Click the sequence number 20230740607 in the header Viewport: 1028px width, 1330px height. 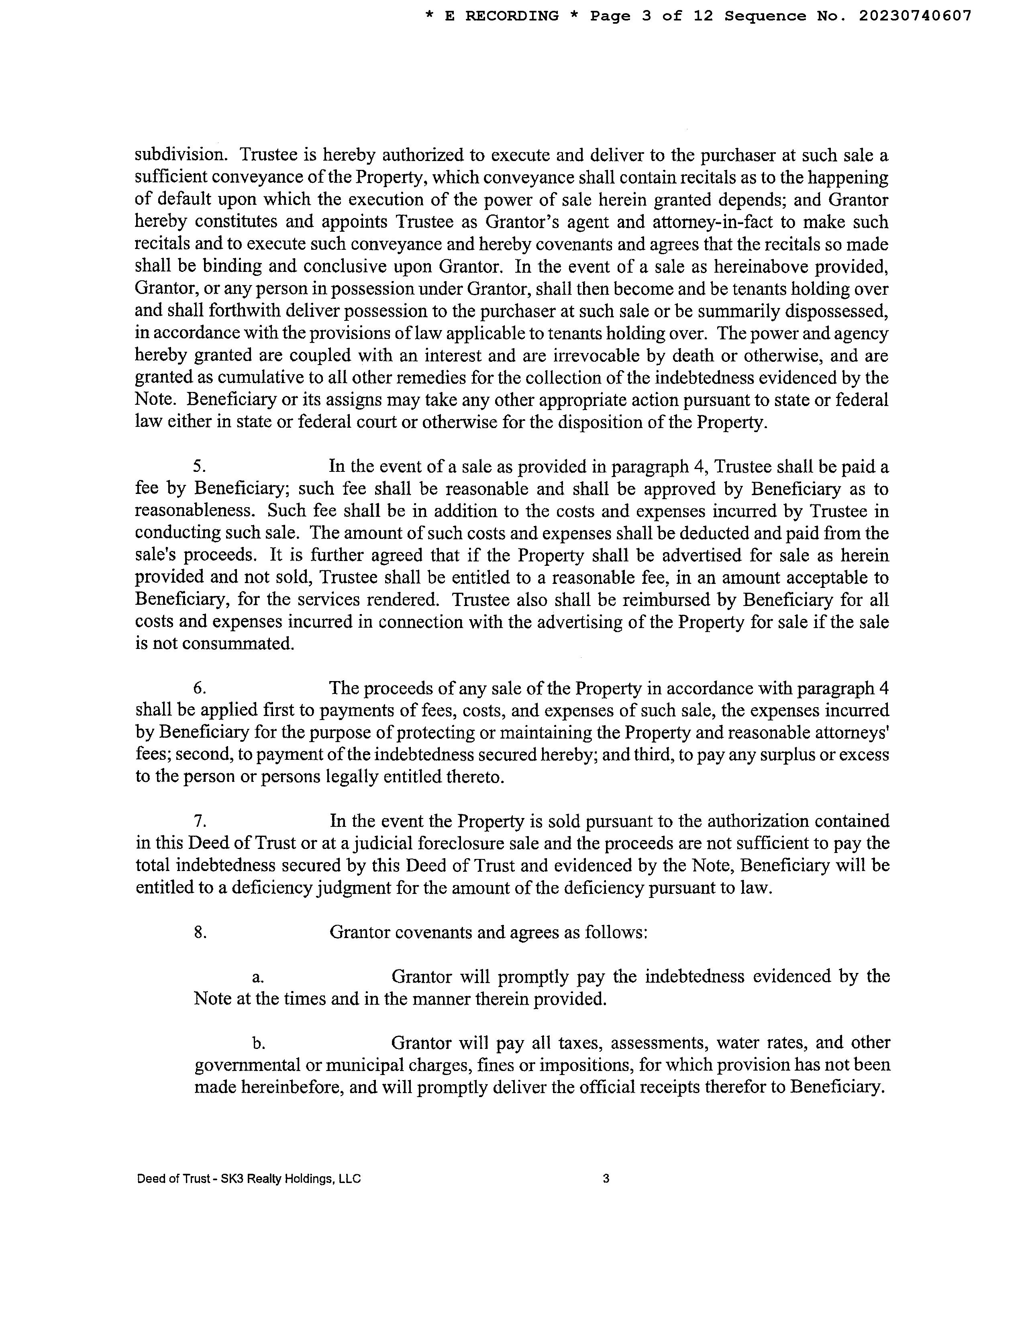click(915, 16)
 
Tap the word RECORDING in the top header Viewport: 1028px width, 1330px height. click(512, 16)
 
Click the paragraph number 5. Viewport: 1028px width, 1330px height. click(199, 467)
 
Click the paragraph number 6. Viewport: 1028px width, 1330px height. click(199, 688)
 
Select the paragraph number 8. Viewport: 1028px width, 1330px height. click(200, 932)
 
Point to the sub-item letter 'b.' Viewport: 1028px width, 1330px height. click(258, 1043)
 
